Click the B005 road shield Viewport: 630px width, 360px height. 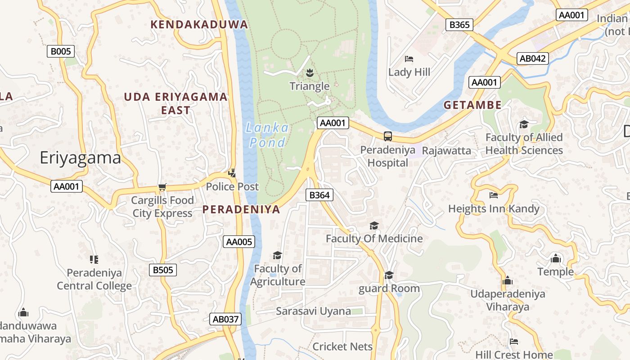tap(60, 51)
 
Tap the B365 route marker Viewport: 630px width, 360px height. tap(459, 25)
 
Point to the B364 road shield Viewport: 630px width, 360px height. tap(319, 195)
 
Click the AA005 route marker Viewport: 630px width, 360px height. tap(239, 242)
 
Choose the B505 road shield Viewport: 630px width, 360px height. tap(162, 270)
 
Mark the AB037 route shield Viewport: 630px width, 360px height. tap(225, 319)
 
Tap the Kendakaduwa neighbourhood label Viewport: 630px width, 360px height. tap(199, 24)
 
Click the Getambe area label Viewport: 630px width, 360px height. tap(472, 105)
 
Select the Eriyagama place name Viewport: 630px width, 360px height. tap(80, 158)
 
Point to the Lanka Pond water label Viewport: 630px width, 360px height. tap(267, 135)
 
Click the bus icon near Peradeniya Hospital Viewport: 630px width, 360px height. tap(387, 136)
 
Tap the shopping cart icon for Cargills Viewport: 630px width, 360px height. tap(162, 187)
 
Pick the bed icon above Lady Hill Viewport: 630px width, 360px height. tap(409, 58)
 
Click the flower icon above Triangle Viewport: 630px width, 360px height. tap(310, 72)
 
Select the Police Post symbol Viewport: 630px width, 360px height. tap(232, 172)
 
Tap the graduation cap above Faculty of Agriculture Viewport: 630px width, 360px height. tap(277, 255)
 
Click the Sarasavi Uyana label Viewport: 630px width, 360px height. tap(313, 311)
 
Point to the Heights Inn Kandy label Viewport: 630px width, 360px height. tap(494, 209)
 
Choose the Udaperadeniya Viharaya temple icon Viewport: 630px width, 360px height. tap(508, 280)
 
